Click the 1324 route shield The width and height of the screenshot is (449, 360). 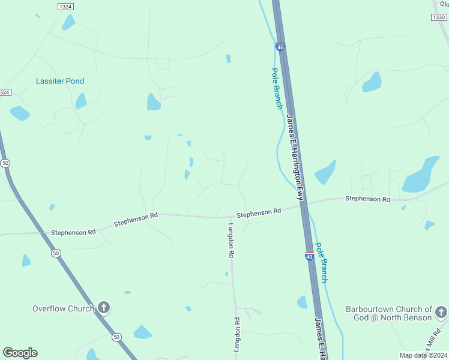point(65,6)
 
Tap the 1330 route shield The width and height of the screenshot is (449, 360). point(438,17)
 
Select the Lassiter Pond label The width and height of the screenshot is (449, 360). point(60,81)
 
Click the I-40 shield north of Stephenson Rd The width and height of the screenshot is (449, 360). point(280,46)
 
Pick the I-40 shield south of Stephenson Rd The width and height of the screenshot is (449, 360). point(309,257)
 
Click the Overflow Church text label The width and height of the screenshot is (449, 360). point(63,308)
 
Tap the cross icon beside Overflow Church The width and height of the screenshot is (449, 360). point(104,308)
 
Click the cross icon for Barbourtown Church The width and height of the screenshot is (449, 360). point(441,312)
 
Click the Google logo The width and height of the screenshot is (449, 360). point(20,353)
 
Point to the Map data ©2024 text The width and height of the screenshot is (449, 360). point(423,355)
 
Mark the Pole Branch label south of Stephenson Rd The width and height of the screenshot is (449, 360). point(322,262)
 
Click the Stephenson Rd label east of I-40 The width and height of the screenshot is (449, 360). point(367,199)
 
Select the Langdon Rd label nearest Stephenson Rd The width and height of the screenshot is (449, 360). point(231,240)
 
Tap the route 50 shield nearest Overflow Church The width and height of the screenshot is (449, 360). point(116,338)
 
